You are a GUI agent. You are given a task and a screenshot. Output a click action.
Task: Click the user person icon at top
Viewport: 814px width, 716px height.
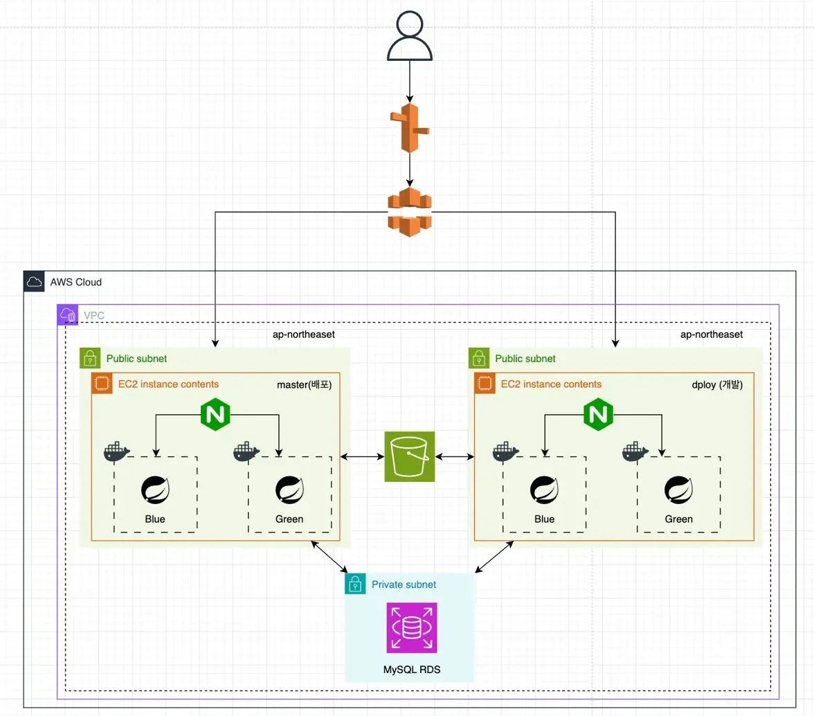click(x=410, y=36)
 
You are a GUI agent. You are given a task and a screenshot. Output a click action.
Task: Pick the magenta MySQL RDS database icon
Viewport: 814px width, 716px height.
click(x=411, y=628)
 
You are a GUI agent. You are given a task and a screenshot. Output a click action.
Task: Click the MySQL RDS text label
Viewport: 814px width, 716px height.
click(x=411, y=670)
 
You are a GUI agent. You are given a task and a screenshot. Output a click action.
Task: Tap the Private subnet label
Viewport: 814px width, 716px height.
click(x=404, y=584)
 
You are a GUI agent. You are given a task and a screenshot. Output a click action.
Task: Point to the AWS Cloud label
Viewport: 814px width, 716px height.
click(x=75, y=283)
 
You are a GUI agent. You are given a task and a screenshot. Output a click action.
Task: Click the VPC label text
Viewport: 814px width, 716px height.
click(x=95, y=315)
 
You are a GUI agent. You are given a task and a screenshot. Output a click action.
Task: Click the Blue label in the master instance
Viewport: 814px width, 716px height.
click(x=155, y=519)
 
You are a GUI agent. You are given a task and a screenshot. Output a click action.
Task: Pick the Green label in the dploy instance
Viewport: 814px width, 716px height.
click(x=678, y=519)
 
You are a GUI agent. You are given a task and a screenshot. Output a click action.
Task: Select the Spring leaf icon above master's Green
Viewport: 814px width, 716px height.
click(x=289, y=490)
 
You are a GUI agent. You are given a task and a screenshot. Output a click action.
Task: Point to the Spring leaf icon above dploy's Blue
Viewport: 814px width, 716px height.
click(x=544, y=490)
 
